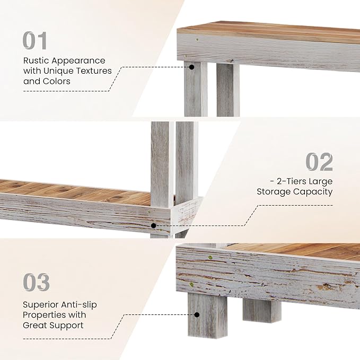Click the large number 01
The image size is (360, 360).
(35, 40)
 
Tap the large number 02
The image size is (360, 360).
(319, 162)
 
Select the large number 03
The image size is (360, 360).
(36, 282)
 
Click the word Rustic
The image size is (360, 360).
(36, 60)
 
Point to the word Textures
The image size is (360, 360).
(94, 71)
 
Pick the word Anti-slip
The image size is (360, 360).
(77, 305)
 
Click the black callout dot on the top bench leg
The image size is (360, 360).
(192, 67)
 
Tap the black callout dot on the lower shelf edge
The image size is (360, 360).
(154, 226)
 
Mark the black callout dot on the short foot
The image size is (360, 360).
(197, 314)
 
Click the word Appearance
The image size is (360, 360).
(78, 61)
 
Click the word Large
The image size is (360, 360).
(321, 182)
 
